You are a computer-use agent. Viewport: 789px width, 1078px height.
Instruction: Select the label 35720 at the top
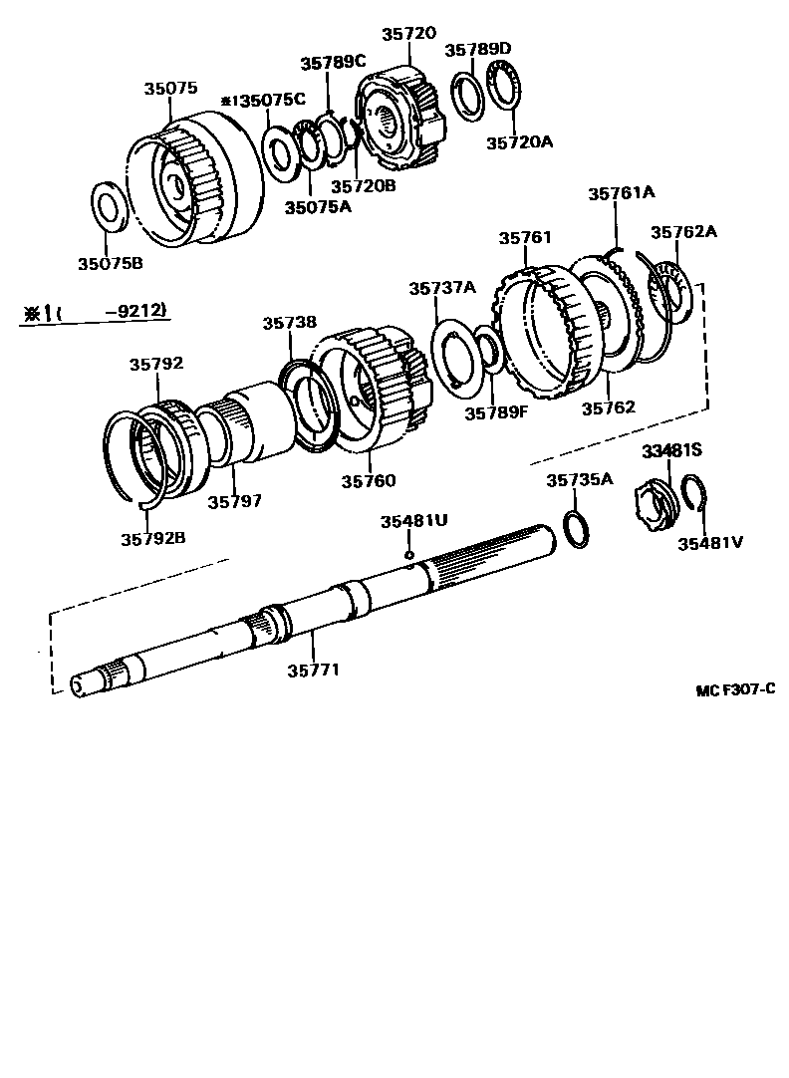(x=408, y=33)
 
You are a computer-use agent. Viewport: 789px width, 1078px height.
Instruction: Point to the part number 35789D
(x=477, y=49)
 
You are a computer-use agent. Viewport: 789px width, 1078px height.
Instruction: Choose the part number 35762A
(x=683, y=232)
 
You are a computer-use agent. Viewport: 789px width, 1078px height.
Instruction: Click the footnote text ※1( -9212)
(x=95, y=313)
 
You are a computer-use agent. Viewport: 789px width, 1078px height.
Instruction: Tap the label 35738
(x=290, y=323)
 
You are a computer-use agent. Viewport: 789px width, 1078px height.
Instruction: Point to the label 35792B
(x=153, y=538)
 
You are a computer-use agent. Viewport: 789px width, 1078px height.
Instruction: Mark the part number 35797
(x=234, y=501)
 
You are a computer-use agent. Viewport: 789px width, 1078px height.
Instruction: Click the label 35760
(x=368, y=481)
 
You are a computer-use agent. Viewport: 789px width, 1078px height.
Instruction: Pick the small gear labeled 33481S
(x=654, y=497)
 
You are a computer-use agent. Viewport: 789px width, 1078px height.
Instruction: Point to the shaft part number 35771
(x=314, y=670)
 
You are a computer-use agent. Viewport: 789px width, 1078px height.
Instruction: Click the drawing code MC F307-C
(x=735, y=689)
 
